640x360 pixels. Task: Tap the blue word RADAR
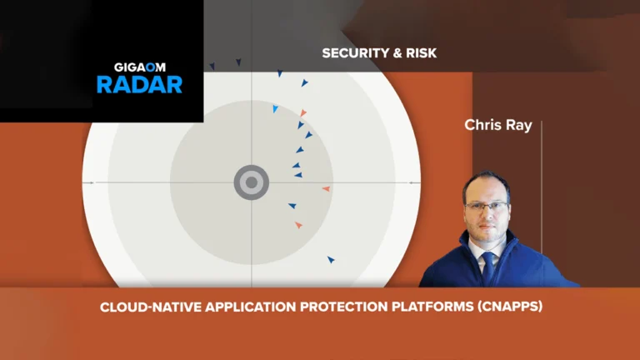pos(138,84)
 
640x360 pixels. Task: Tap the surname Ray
pos(520,125)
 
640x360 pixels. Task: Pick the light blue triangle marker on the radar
pos(275,108)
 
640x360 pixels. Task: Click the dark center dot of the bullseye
pos(251,182)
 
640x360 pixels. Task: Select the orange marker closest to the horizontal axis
pos(327,189)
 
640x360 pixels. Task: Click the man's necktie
pos(487,262)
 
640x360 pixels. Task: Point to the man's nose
pos(486,212)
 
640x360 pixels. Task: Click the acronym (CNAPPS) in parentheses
pos(504,307)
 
